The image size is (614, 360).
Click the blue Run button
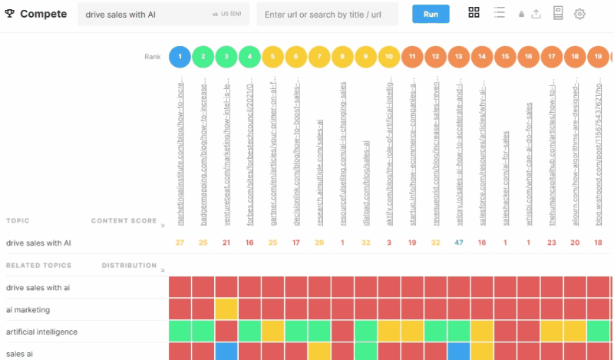(x=431, y=14)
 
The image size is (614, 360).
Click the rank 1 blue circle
(x=180, y=56)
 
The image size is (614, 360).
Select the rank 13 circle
(x=459, y=56)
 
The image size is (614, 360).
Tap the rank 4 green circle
(x=249, y=56)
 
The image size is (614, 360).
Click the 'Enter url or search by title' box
(x=327, y=14)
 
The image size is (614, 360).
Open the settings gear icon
(x=579, y=14)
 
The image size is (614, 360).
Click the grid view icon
(x=474, y=13)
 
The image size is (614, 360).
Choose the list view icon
(x=500, y=13)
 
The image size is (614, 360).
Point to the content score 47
(x=459, y=243)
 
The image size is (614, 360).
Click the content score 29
(x=319, y=243)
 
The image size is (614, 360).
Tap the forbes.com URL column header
(x=250, y=154)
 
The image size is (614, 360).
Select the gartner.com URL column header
(x=273, y=154)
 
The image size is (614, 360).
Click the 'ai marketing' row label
(x=28, y=309)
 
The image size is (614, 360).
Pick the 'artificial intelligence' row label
(x=41, y=332)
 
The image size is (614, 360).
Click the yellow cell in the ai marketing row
(x=226, y=309)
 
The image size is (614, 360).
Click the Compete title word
(x=43, y=14)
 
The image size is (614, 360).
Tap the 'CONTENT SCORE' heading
(x=124, y=221)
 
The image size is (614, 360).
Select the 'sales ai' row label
(x=20, y=354)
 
